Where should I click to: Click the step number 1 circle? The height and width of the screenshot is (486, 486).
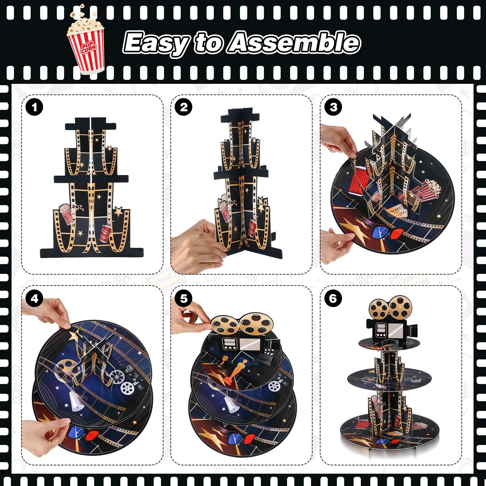point(34,107)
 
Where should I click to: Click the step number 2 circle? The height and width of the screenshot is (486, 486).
point(184,107)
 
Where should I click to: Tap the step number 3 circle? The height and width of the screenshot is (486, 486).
point(333,107)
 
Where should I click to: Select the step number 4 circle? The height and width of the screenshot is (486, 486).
point(34,299)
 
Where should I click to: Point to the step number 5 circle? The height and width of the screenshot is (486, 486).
point(184,299)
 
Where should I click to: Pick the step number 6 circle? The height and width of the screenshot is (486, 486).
point(333,299)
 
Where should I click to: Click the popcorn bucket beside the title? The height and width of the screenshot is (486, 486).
point(86,41)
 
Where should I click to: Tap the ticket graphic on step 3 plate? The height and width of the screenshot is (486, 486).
point(396,210)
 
